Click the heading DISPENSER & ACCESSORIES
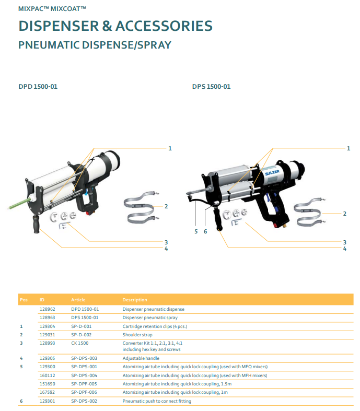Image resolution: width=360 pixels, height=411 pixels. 115,26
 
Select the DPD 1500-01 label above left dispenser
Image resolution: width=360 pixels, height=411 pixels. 38,86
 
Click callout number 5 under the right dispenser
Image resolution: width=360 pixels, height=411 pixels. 196,231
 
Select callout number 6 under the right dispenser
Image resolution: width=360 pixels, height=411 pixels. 205,231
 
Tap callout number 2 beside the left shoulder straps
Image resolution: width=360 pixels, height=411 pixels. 166,206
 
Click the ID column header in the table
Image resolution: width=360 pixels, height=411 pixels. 42,300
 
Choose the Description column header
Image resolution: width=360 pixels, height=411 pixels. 135,300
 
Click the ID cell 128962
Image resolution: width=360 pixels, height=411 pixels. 47,309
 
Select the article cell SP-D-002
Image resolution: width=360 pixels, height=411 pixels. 82,334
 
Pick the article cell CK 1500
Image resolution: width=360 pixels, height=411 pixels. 80,343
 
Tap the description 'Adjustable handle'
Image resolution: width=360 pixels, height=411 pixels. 141,358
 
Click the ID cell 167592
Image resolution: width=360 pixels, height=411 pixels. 47,392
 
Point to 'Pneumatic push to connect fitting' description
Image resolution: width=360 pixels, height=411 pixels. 157,401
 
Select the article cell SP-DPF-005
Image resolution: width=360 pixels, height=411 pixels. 84,383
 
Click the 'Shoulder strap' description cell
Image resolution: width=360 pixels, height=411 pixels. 137,334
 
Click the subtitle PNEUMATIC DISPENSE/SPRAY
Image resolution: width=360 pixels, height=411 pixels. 95,45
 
